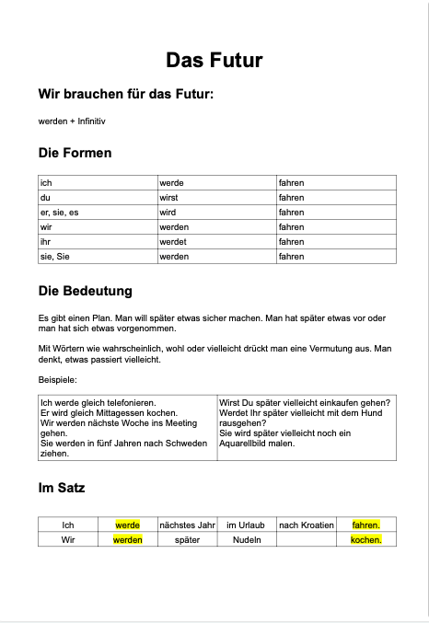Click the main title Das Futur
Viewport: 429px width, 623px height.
click(214, 61)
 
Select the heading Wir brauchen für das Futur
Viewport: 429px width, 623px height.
click(125, 94)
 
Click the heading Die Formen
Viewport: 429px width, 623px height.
click(75, 153)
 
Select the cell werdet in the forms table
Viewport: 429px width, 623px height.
click(173, 242)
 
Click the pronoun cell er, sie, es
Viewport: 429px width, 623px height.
click(59, 213)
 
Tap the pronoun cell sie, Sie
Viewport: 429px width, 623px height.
click(53, 257)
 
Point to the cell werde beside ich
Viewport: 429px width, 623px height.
click(172, 183)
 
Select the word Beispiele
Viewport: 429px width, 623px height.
click(57, 379)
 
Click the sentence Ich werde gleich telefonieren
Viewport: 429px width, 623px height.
click(99, 403)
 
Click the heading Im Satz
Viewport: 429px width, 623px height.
click(62, 488)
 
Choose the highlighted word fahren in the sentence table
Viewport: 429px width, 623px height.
click(365, 525)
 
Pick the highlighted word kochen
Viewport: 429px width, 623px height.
click(365, 540)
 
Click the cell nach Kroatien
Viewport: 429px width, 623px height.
click(307, 525)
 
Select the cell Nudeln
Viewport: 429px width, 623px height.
click(246, 540)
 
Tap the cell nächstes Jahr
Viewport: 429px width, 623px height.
click(187, 525)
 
